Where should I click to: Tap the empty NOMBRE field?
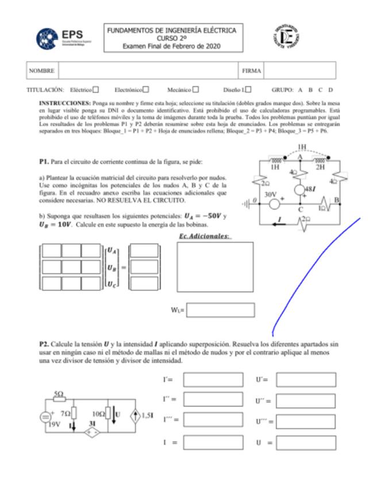[148, 71]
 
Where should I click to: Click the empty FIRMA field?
[299, 71]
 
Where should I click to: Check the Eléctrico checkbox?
[97, 90]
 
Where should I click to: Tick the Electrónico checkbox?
[146, 90]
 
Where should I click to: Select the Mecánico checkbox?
[195, 90]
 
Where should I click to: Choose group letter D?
[331, 90]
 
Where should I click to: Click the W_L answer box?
[220, 310]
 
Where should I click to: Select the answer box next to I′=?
[213, 380]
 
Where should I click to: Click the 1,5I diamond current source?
[136, 415]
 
